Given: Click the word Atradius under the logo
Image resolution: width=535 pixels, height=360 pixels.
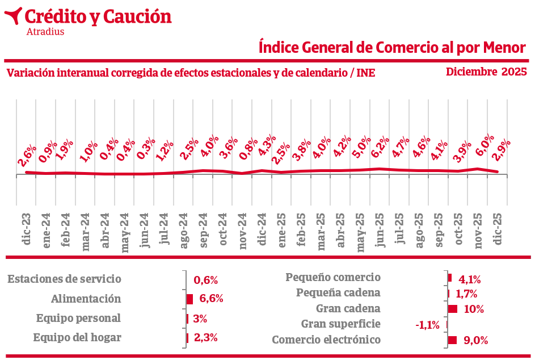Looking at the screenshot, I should click(45, 32).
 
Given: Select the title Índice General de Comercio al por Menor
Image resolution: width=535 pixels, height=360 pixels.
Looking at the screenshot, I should click(392, 47).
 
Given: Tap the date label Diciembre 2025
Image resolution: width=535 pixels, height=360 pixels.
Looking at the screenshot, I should click(486, 72).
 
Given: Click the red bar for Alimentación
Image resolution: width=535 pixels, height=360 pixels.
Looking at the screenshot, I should click(190, 299).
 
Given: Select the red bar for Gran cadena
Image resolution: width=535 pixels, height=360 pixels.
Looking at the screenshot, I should click(453, 309).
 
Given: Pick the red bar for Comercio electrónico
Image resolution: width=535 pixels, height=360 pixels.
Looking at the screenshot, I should click(452, 340).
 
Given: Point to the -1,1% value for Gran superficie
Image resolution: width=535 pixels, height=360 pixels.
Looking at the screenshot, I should click(427, 325).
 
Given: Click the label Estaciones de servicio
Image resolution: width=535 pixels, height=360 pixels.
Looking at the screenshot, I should click(65, 279).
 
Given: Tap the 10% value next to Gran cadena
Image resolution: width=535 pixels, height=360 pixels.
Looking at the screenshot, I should click(473, 309).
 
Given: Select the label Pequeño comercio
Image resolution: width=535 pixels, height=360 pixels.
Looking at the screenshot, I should click(333, 278).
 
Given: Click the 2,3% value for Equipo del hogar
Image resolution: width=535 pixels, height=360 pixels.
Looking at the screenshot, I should click(206, 338).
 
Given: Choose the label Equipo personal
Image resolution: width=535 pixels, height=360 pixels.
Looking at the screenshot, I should click(78, 318).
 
